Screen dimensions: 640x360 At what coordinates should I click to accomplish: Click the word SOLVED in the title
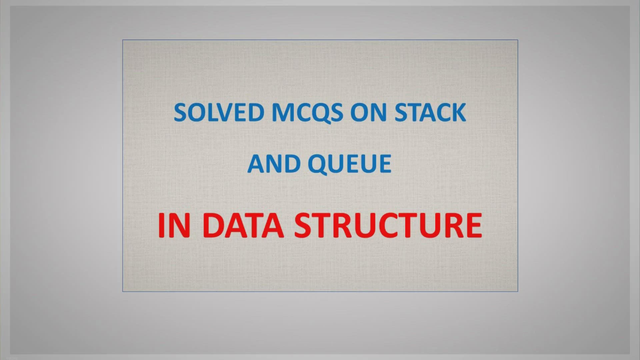[219, 112]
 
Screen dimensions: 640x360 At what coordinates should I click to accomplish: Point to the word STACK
[430, 112]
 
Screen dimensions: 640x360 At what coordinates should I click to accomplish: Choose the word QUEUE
[350, 164]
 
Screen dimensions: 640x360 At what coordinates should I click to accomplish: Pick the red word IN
[174, 226]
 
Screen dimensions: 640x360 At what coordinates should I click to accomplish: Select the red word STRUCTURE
[388, 226]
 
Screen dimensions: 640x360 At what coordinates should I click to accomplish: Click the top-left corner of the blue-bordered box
[123, 40]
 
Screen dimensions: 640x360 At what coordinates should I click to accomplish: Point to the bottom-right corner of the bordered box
[518, 292]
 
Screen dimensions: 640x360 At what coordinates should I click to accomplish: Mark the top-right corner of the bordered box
[518, 40]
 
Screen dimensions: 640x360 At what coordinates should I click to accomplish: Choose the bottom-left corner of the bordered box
[123, 292]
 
